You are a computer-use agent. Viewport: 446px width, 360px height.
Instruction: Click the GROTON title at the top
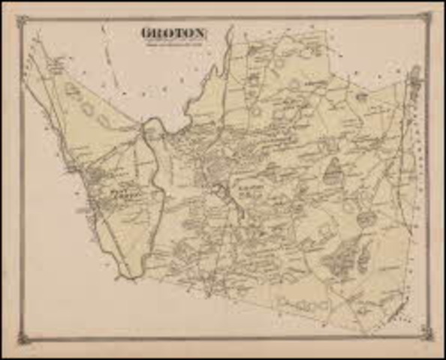(173, 33)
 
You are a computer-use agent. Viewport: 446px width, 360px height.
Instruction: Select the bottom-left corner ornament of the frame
(23, 339)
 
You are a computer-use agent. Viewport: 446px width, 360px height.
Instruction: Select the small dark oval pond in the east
(366, 218)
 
